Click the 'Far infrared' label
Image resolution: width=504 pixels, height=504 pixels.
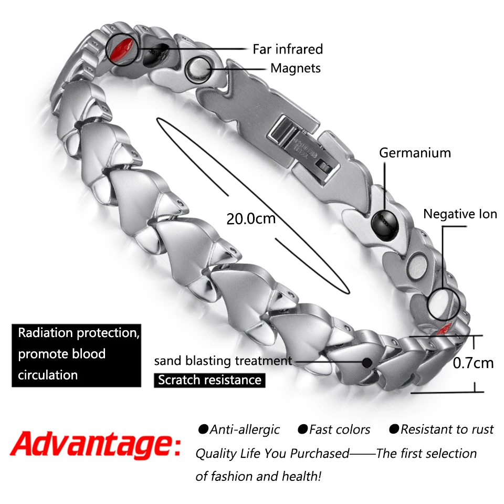(x=287, y=49)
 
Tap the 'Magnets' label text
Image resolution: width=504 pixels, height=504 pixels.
(x=295, y=68)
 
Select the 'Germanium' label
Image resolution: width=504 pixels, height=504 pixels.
(x=415, y=153)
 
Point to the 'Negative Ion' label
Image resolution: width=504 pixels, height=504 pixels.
(x=460, y=214)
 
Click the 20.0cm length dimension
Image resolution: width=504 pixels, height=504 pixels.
(x=251, y=218)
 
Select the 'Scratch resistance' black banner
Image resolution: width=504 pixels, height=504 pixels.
(x=209, y=380)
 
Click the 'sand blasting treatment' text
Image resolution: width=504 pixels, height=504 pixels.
(x=223, y=361)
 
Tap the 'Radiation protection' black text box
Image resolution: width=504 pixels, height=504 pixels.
(x=77, y=354)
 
